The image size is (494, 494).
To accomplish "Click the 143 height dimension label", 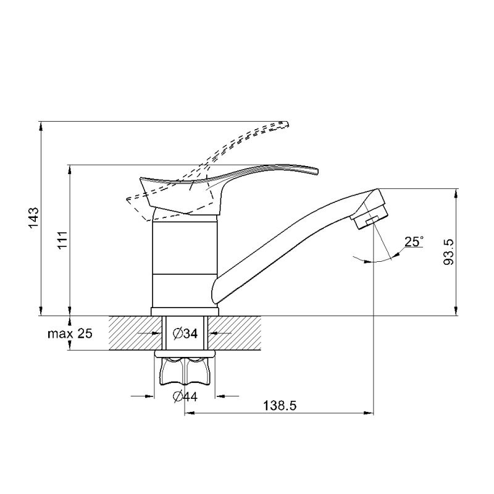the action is click(34, 218).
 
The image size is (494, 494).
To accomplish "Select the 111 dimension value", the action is click(62, 240).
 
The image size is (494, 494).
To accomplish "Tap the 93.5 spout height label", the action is click(448, 251).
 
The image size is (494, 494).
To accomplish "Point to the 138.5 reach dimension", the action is click(280, 406).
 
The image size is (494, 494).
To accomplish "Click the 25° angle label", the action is click(414, 241).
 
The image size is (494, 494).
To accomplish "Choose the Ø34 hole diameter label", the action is click(186, 333).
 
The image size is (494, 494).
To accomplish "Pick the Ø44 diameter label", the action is click(186, 396).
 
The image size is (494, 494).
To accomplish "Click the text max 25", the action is click(70, 333).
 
